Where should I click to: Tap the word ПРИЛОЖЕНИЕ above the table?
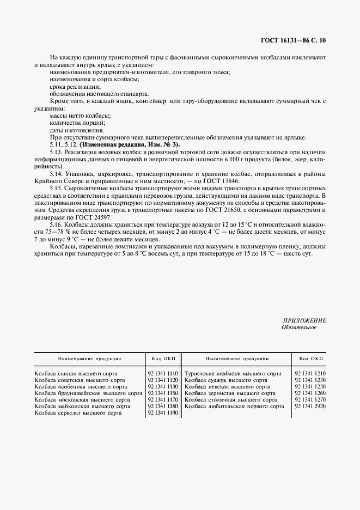tap(304, 320)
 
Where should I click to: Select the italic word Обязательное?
tap(298, 327)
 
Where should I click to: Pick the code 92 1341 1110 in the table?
tap(162, 374)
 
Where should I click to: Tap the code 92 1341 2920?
tap(309, 406)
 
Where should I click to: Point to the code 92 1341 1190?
tap(162, 413)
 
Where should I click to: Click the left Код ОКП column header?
tap(162, 359)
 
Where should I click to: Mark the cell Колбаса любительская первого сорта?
tap(234, 406)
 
